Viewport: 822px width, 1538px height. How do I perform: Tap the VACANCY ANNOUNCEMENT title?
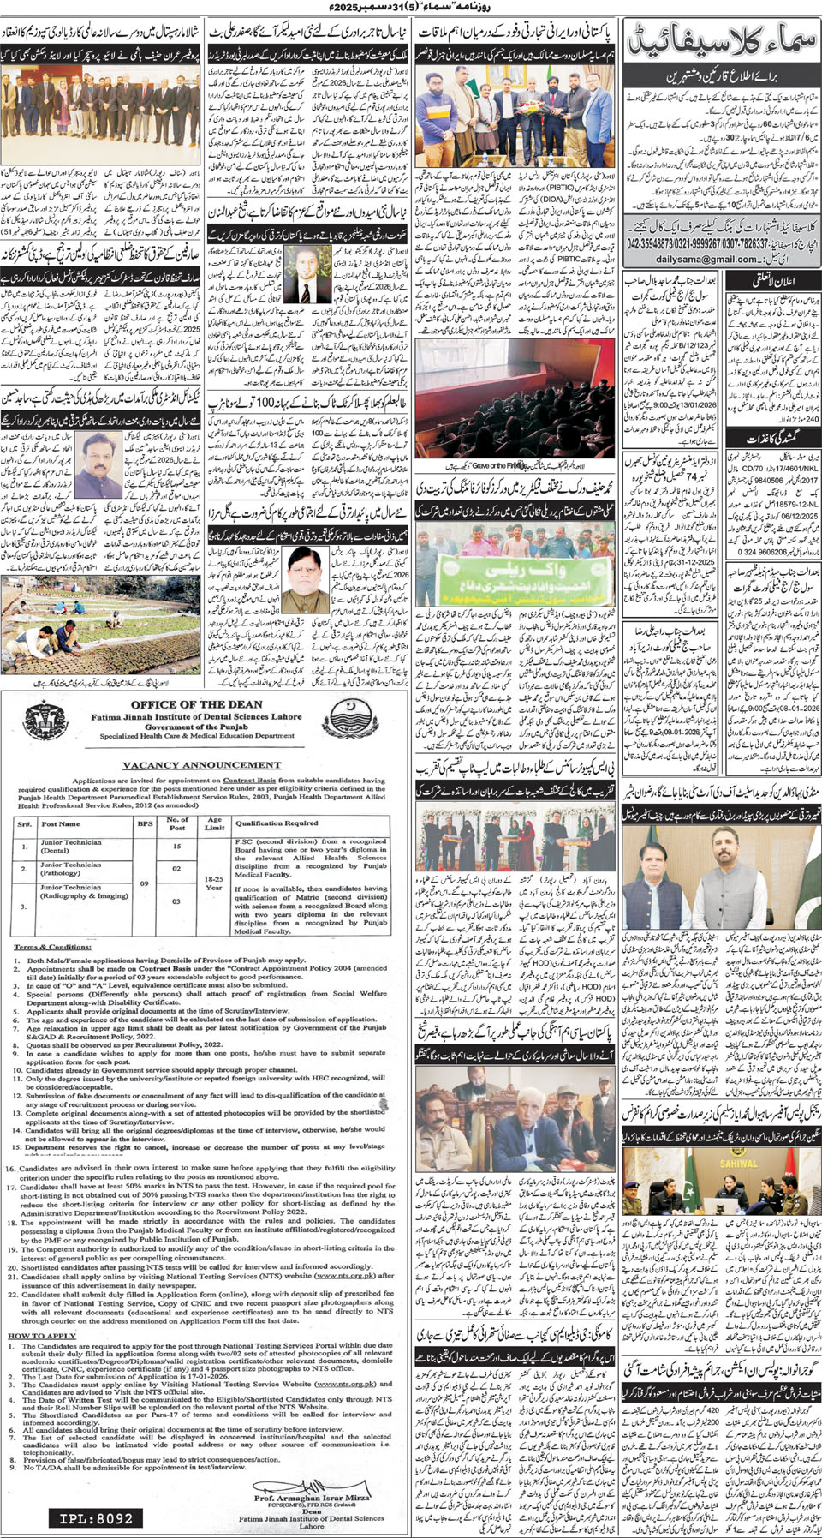coord(201,764)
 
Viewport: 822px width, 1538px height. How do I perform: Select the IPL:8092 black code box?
coord(96,1518)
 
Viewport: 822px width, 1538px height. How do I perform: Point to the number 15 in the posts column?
coord(176,846)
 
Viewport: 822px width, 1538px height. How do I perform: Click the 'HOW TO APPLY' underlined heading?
coord(42,1335)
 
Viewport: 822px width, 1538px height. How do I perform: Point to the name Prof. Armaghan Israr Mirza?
coord(312,1498)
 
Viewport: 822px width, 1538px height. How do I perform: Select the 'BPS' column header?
coord(145,823)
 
